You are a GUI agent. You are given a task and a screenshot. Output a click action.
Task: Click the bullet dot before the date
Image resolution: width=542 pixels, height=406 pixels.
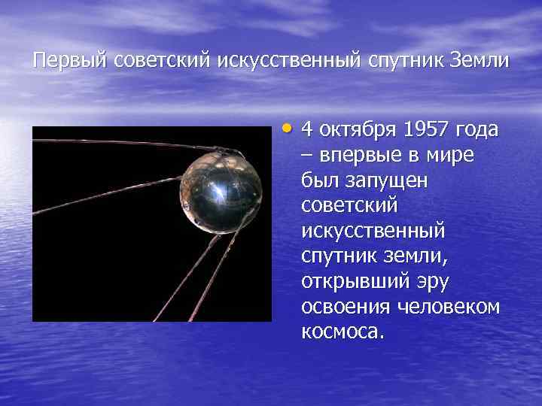[291, 127]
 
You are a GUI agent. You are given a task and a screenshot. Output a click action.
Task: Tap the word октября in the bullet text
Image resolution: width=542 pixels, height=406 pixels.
[358, 129]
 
